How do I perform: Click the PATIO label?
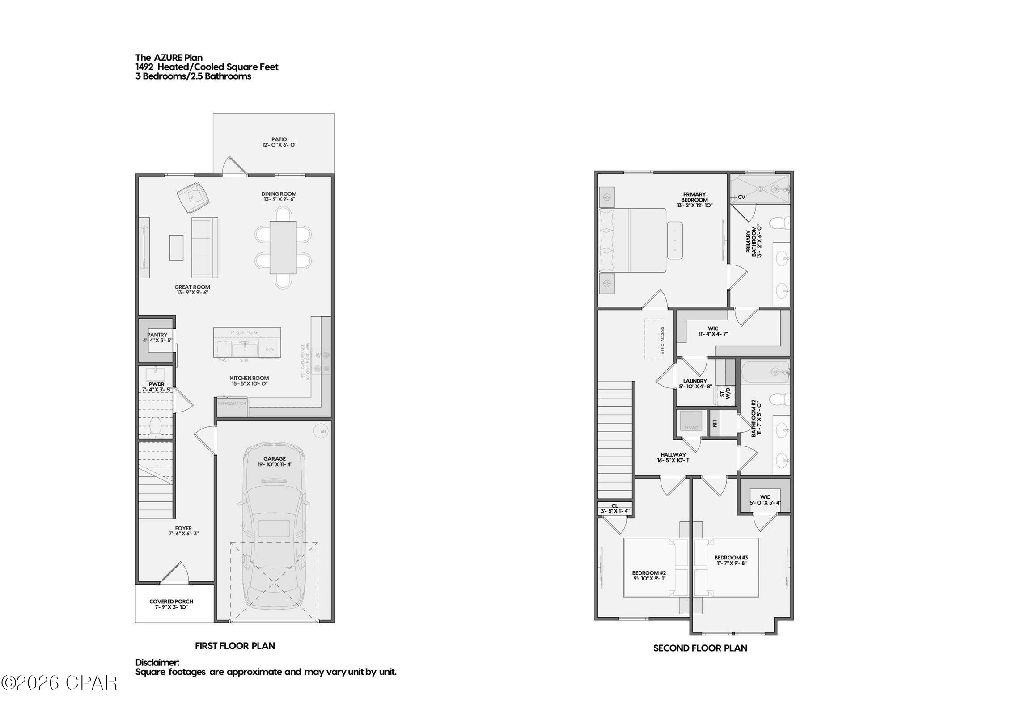(x=279, y=139)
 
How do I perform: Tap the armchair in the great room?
(x=193, y=198)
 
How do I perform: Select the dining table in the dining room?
(x=283, y=248)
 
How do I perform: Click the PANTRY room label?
(x=157, y=335)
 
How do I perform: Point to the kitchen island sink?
(x=244, y=349)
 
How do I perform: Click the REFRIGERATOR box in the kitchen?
(x=232, y=404)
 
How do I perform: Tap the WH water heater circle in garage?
(x=321, y=432)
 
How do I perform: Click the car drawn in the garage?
(x=274, y=527)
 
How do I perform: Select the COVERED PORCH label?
(x=171, y=601)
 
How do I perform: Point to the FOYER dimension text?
(x=183, y=534)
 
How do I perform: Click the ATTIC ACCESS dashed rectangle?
(x=655, y=339)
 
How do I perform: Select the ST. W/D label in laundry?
(x=725, y=394)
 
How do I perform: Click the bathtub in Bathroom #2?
(x=765, y=371)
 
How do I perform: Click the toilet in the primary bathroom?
(x=780, y=222)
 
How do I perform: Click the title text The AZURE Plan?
(x=169, y=58)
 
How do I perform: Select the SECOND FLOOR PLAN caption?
(x=700, y=648)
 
